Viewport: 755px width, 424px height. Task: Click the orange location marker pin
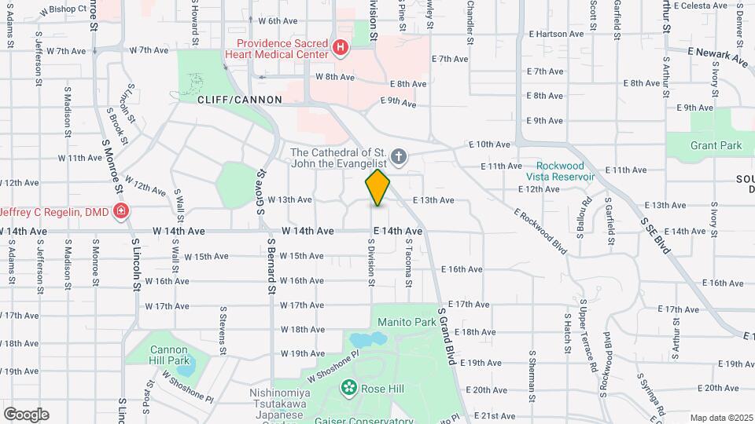tap(378, 188)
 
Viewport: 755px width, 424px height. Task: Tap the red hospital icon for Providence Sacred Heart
tap(340, 48)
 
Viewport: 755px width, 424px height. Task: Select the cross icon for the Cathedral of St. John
tap(399, 158)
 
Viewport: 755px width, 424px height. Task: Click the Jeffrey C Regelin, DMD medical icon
tap(121, 210)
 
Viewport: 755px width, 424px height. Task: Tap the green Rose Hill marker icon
tap(348, 388)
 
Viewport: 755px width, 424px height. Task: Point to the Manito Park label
tap(406, 322)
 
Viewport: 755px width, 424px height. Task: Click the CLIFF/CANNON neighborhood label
tap(226, 100)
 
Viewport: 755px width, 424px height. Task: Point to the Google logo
tap(25, 414)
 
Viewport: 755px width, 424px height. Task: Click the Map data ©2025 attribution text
tap(721, 417)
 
